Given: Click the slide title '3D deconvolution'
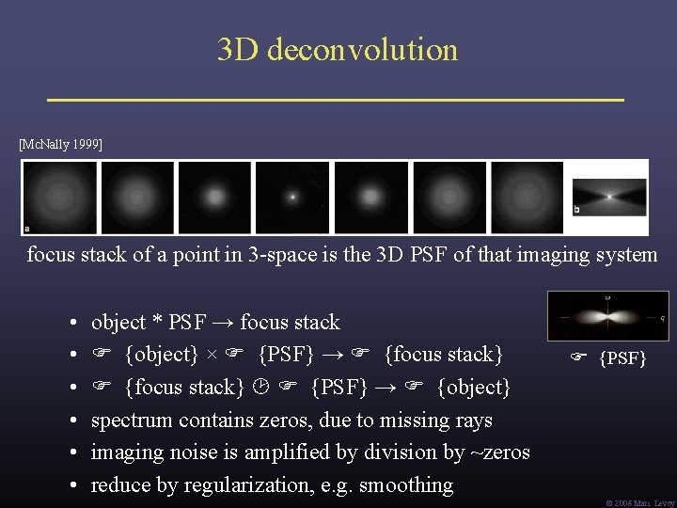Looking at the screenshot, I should click(x=338, y=49).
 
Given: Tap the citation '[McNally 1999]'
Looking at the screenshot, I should click(x=61, y=145).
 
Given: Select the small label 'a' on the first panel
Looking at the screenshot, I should click(x=26, y=227).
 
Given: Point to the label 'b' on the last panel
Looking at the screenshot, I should click(x=576, y=208).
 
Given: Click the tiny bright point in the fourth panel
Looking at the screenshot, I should click(x=292, y=198).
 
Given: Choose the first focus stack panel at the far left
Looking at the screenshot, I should click(x=59, y=197).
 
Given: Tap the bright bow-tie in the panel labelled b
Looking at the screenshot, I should click(x=610, y=197).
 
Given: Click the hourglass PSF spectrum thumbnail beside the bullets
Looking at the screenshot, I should click(x=607, y=316).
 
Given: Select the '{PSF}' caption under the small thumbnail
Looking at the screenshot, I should click(x=622, y=358).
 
